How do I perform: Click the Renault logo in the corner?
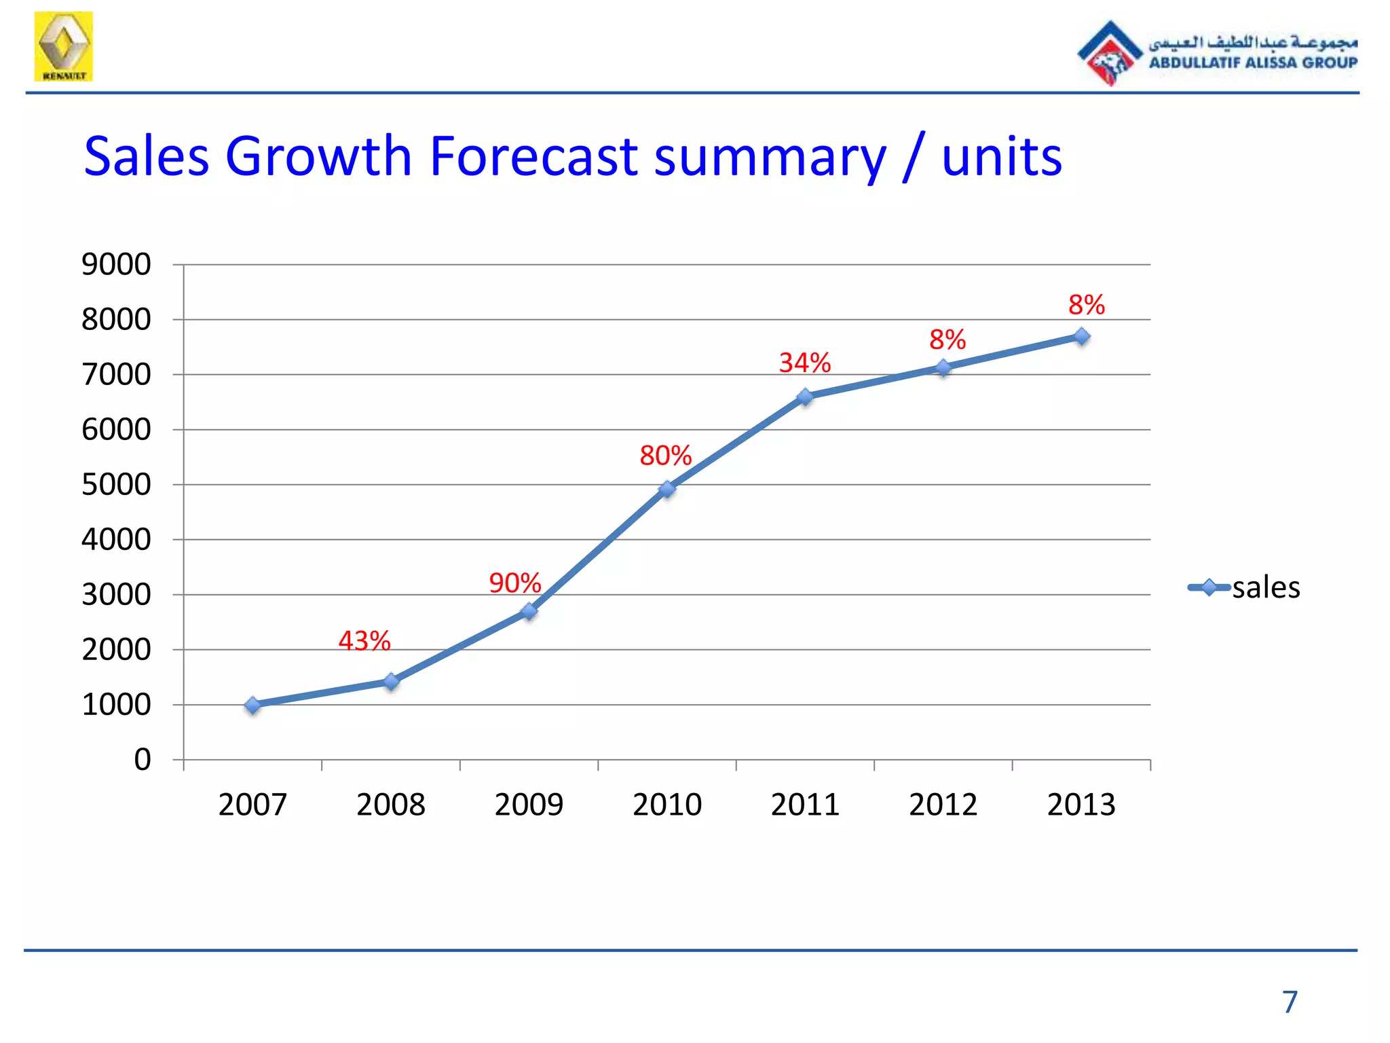click(x=64, y=46)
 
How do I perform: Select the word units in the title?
click(x=1001, y=158)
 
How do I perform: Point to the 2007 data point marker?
click(x=253, y=706)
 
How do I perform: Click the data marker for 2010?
click(x=667, y=489)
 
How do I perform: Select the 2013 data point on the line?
click(x=1082, y=337)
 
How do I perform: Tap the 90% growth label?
click(x=514, y=583)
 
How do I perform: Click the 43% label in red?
click(x=364, y=640)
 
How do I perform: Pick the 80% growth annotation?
click(x=665, y=455)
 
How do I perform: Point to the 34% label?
click(x=804, y=363)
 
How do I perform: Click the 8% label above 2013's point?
click(x=1086, y=305)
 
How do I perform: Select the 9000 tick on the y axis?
click(x=116, y=264)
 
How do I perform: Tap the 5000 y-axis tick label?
click(x=116, y=485)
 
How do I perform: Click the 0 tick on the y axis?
click(x=143, y=759)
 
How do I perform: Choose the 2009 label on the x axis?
click(x=529, y=805)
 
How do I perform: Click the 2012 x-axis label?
click(x=943, y=805)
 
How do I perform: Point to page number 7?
click(x=1290, y=1002)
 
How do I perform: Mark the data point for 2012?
click(x=943, y=368)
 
